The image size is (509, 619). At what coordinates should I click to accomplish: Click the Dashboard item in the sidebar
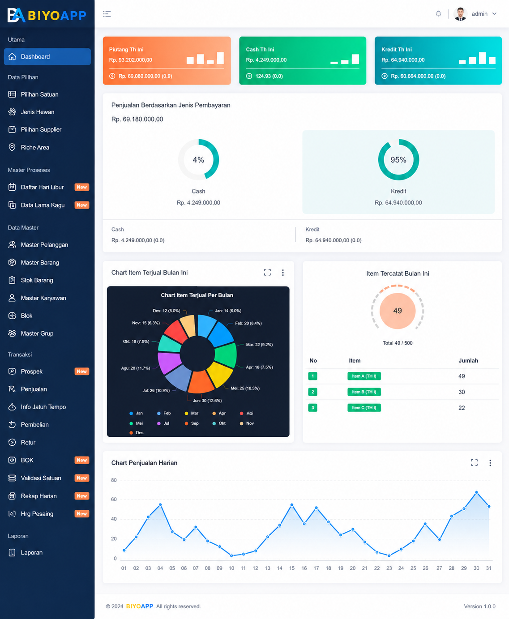pos(47,57)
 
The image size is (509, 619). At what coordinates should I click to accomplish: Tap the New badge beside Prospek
pos(81,371)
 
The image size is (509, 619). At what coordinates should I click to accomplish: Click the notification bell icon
pos(438,13)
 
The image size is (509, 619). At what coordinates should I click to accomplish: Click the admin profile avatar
pos(460,14)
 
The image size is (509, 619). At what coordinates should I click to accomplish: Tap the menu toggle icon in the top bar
pos(107,14)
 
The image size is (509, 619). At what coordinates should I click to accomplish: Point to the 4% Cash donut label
pos(198,160)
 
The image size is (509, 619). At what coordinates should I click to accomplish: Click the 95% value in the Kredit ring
pos(398,160)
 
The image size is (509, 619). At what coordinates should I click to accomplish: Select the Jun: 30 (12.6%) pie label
pos(207,401)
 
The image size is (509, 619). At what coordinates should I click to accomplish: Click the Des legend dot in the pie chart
pos(131,433)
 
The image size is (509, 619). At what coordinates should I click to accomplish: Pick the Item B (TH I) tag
pos(364,392)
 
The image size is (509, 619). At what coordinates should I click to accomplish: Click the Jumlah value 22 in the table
pos(462,408)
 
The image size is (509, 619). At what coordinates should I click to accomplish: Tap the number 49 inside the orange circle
pos(398,311)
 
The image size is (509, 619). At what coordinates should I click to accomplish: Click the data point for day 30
pos(476,492)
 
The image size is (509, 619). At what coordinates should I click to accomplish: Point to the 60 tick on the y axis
pos(114,499)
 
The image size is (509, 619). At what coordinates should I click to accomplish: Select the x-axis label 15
pos(292,568)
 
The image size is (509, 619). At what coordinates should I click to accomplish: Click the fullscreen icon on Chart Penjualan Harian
pos(474,462)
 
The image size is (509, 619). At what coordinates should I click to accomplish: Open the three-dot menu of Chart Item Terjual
pos(282,273)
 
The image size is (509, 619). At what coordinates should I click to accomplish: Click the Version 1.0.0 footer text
pos(479,606)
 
